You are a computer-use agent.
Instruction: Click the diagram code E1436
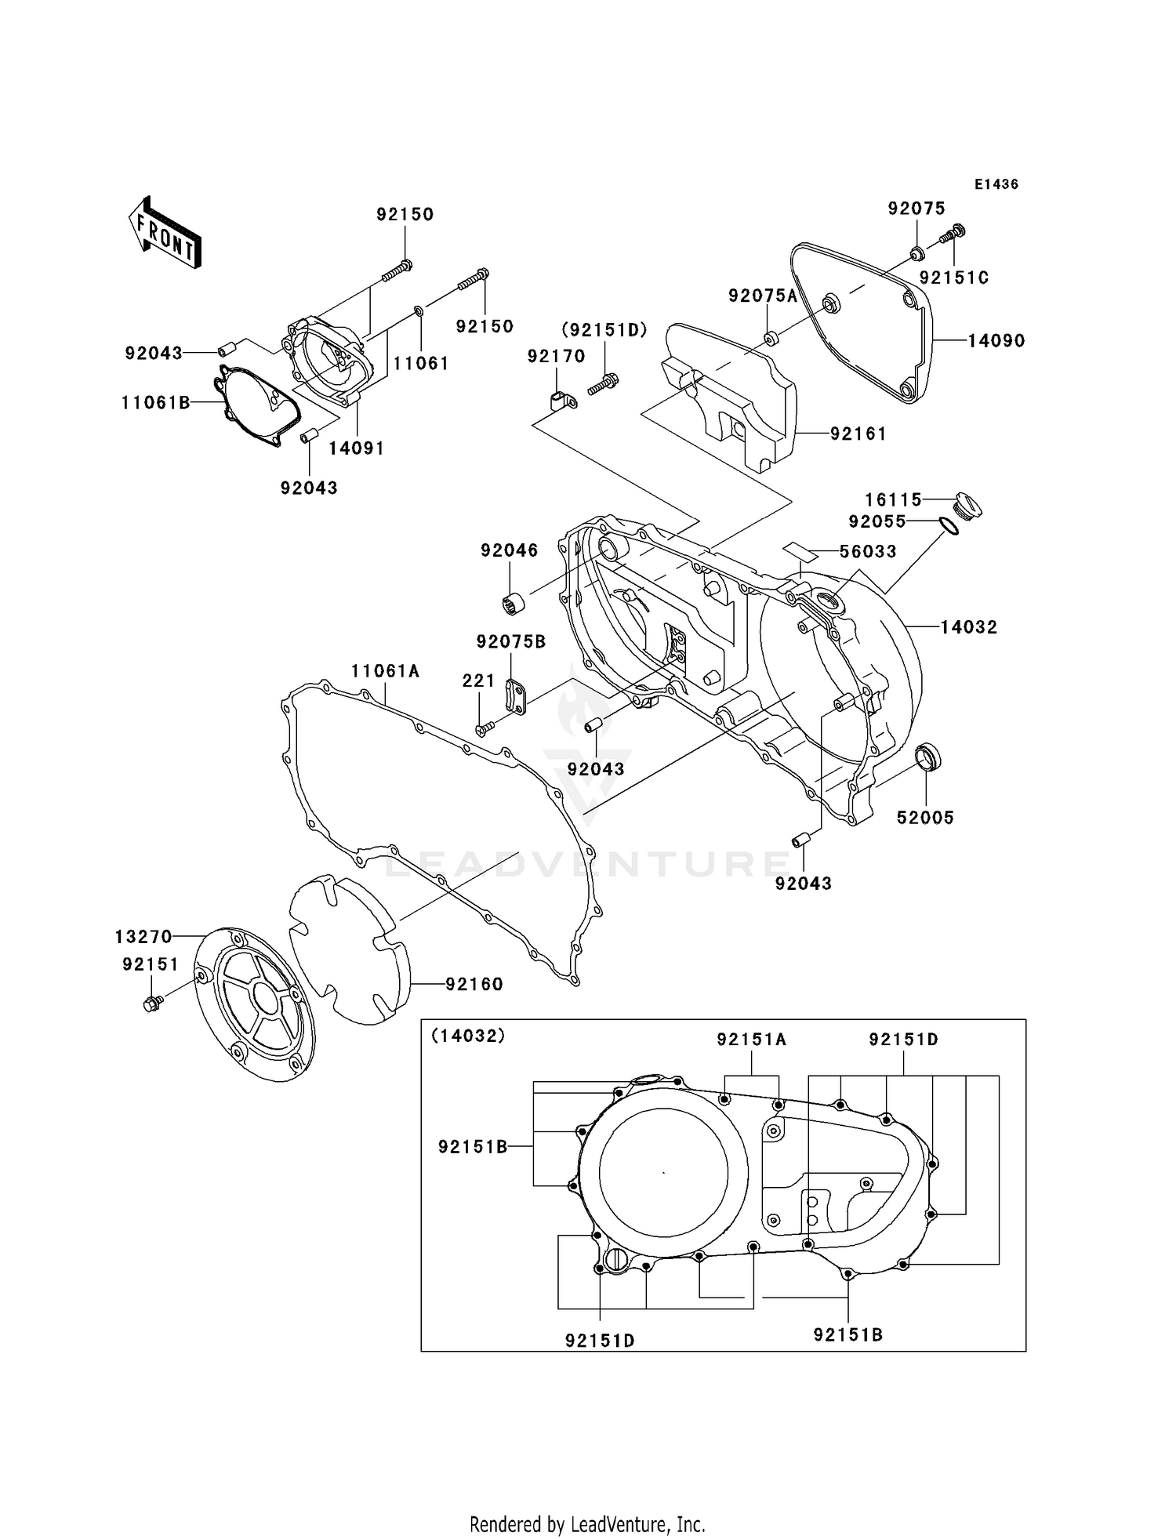pyautogui.click(x=996, y=184)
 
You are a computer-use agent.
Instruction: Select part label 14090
pyautogui.click(x=996, y=341)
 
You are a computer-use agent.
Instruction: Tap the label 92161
pyautogui.click(x=858, y=434)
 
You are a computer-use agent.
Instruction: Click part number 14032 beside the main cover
pyautogui.click(x=968, y=627)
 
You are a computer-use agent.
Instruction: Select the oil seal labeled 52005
pyautogui.click(x=929, y=758)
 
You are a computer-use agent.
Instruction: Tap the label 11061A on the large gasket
pyautogui.click(x=385, y=671)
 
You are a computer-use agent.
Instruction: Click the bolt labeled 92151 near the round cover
pyautogui.click(x=152, y=1002)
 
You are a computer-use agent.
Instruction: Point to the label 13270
pyautogui.click(x=143, y=937)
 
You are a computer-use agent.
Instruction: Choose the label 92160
pyautogui.click(x=474, y=984)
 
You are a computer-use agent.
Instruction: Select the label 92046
pyautogui.click(x=509, y=550)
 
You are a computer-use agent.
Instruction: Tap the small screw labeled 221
pyautogui.click(x=482, y=729)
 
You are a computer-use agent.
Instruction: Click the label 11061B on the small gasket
pyautogui.click(x=155, y=403)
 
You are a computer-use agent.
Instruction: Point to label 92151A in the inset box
pyautogui.click(x=751, y=1040)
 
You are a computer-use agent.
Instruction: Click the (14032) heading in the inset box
pyautogui.click(x=468, y=1036)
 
